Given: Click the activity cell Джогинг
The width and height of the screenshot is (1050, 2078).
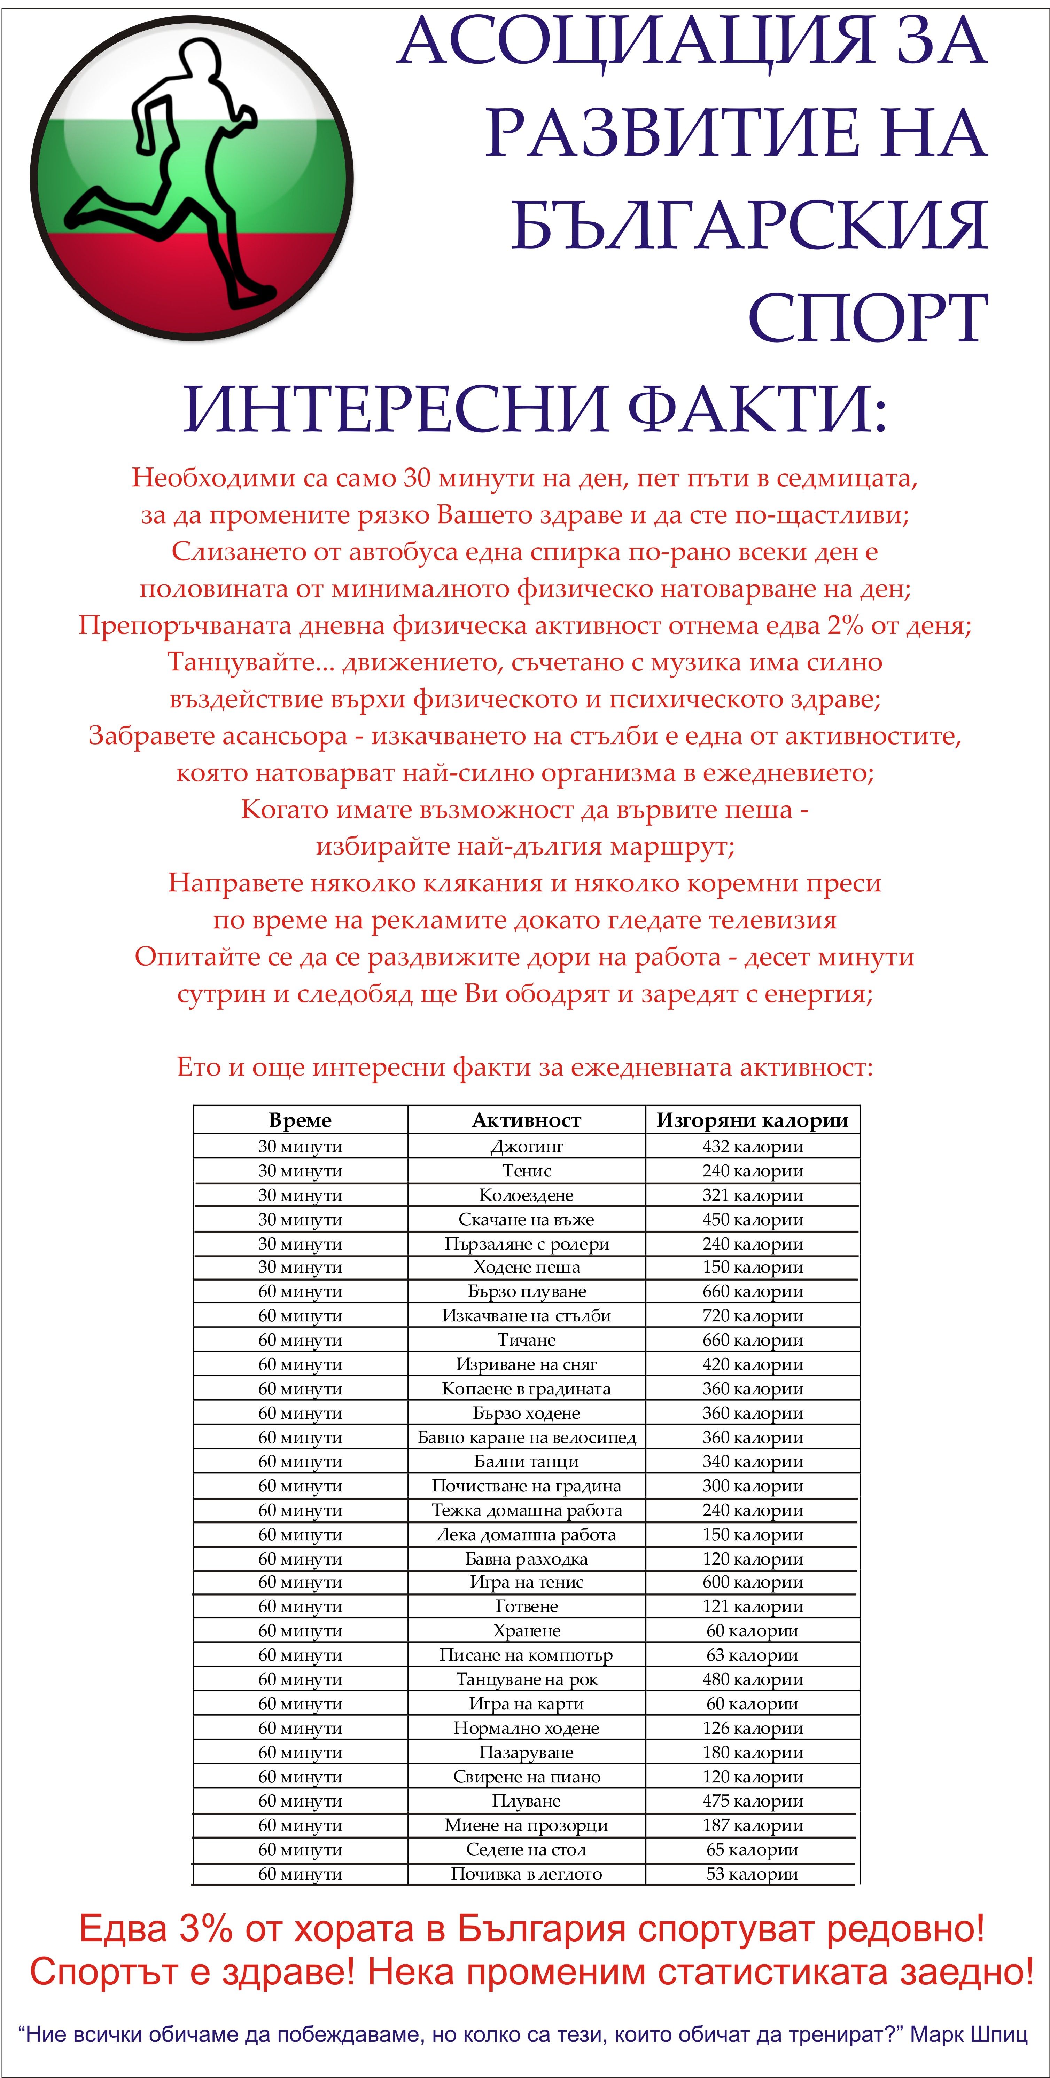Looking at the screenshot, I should click(x=526, y=1146).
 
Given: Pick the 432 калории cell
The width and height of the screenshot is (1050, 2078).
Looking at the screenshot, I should click(x=752, y=1146).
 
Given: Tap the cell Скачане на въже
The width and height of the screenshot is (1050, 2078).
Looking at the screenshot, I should click(x=526, y=1219).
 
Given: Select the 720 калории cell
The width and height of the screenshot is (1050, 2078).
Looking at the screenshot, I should click(x=752, y=1316).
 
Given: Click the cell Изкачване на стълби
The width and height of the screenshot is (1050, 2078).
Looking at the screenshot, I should click(x=526, y=1316).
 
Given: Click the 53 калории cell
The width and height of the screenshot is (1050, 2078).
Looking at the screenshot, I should click(x=752, y=1874).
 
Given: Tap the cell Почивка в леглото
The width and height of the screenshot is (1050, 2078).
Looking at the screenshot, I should click(x=526, y=1874).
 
